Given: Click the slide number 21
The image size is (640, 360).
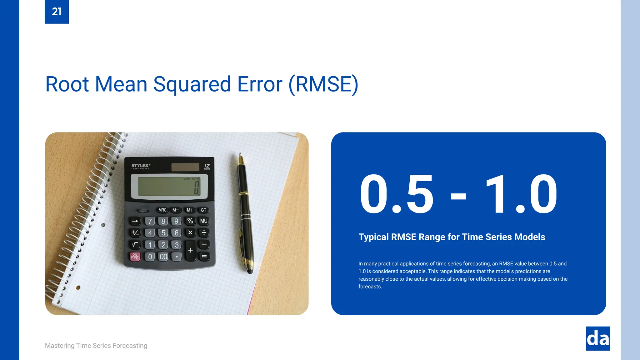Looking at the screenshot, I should click(x=57, y=12).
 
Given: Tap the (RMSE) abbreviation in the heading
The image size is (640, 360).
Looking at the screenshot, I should click(x=323, y=84).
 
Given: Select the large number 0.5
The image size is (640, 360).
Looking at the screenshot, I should click(x=397, y=194).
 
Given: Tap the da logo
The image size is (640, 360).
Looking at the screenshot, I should click(x=598, y=339).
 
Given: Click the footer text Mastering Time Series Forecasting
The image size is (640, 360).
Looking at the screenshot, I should click(x=96, y=346).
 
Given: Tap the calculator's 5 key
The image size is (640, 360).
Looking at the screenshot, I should click(x=163, y=233).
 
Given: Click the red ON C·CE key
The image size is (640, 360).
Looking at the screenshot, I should click(x=135, y=257).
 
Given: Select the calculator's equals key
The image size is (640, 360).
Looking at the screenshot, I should click(x=204, y=257).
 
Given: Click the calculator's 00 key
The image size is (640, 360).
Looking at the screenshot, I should click(x=163, y=257).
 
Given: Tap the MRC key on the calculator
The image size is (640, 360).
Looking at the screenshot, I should click(x=162, y=210).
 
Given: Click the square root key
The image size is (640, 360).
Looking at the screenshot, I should click(x=135, y=245).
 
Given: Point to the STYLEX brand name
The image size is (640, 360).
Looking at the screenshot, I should click(x=141, y=166).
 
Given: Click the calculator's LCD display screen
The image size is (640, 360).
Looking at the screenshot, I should click(x=169, y=187).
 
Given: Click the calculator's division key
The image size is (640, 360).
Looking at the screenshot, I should click(x=204, y=233).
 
